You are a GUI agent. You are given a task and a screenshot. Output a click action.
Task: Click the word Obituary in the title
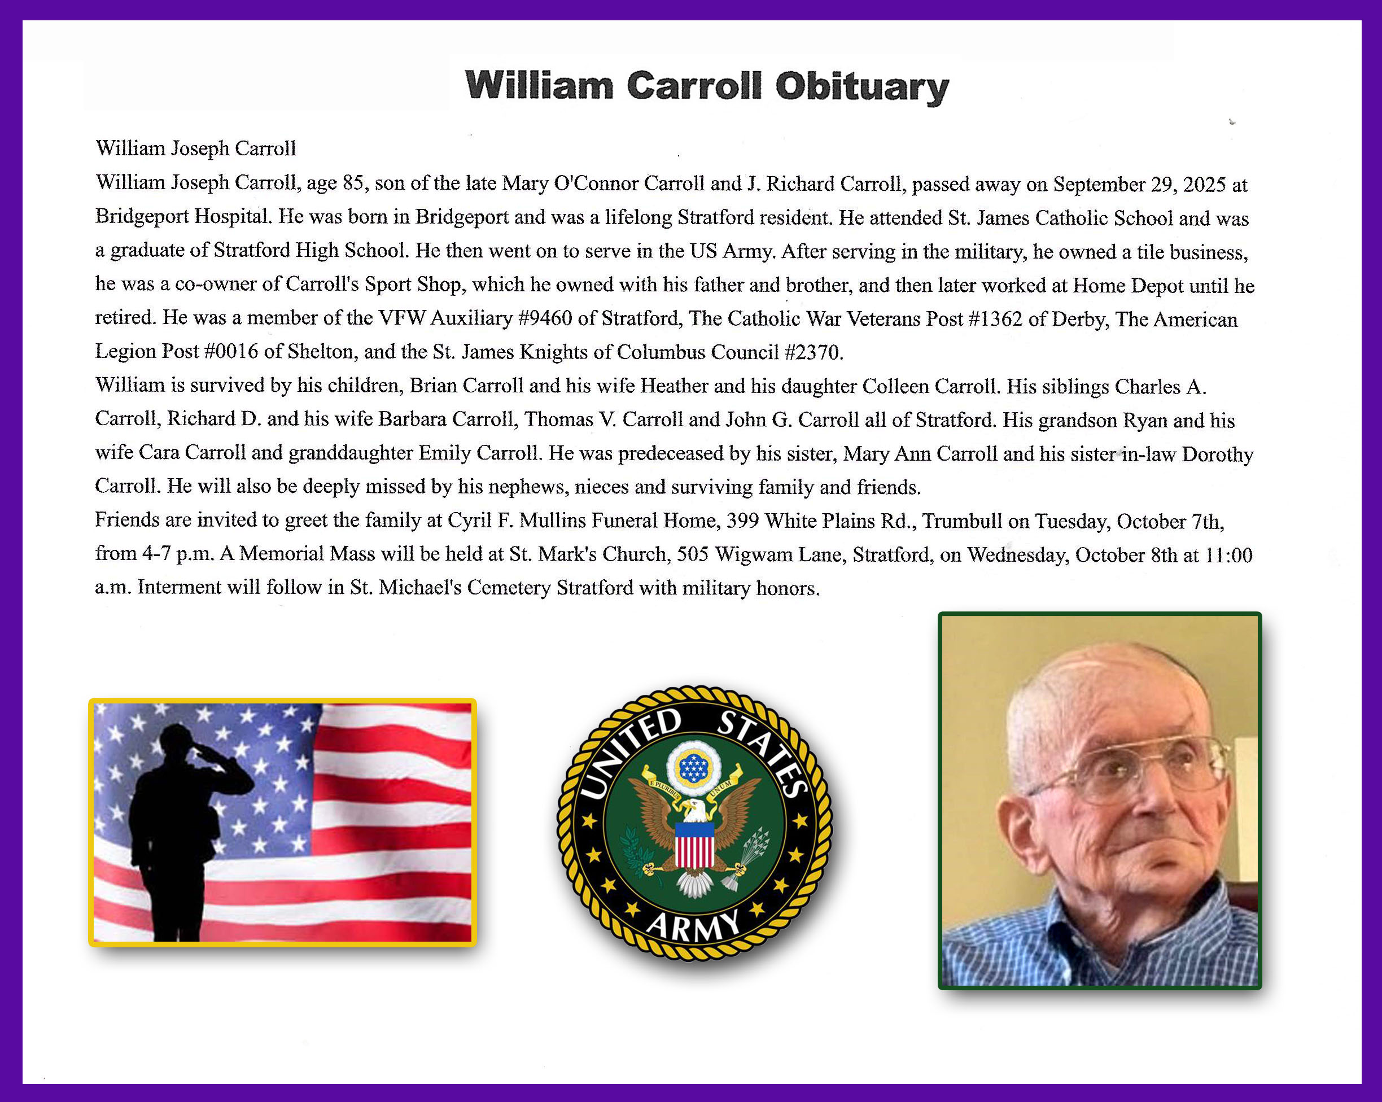[x=862, y=86]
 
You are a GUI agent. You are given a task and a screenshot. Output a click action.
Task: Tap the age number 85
[x=352, y=183]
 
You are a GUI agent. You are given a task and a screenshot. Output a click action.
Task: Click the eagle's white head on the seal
[x=694, y=809]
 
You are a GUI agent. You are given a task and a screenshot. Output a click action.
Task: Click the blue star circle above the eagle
[x=693, y=767]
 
